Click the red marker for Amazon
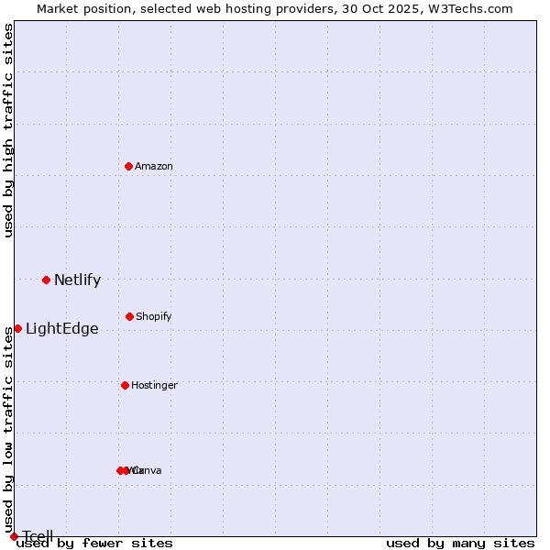coord(129,166)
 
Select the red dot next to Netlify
coord(46,280)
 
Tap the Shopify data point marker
coord(129,316)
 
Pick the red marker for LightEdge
coord(17,328)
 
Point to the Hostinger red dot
coord(125,385)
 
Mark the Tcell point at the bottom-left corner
coord(14,536)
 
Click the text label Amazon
coord(154,166)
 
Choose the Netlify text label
coord(77,280)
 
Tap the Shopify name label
coord(154,316)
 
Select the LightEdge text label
coord(61,329)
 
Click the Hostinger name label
coord(154,385)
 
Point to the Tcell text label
coord(38,536)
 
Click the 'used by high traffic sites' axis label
coord(8,130)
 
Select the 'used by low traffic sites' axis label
coord(8,408)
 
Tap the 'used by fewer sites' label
coord(95,544)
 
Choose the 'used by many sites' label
coord(460,544)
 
